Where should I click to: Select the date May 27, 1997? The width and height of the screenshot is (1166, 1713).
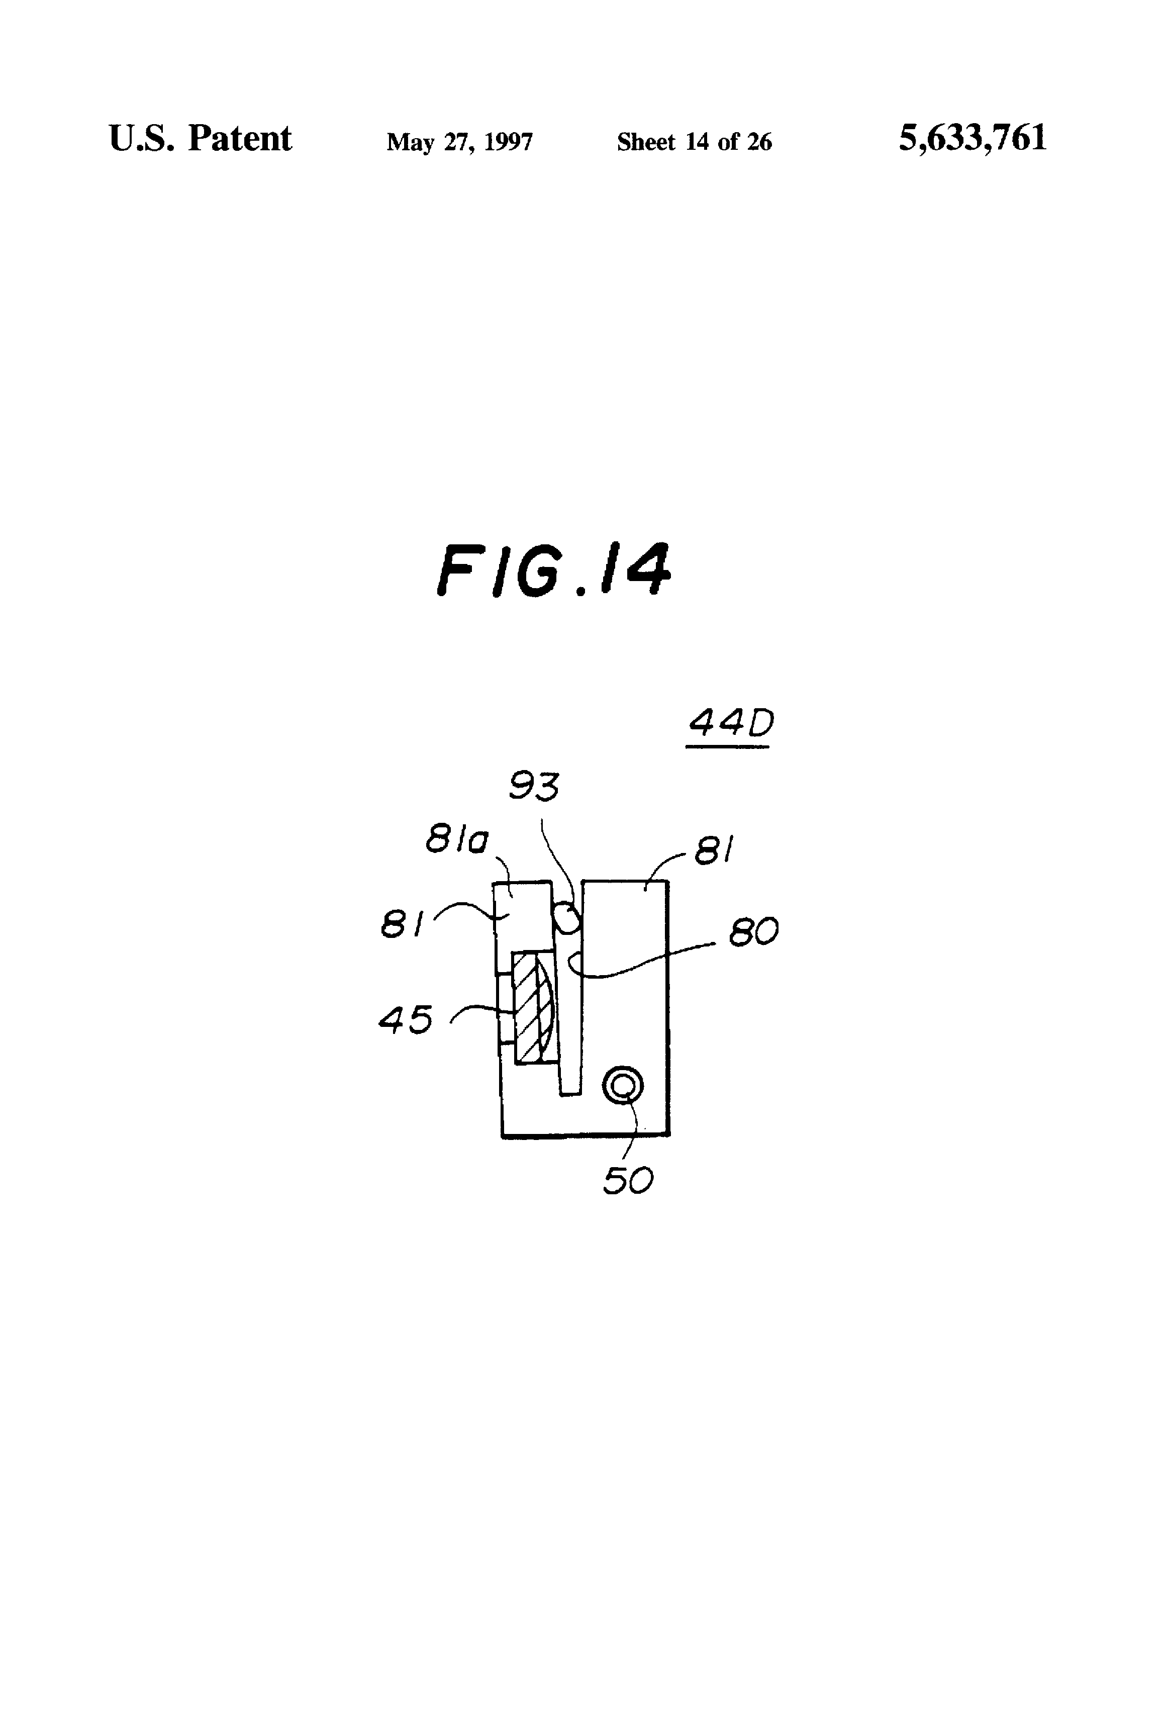(x=459, y=142)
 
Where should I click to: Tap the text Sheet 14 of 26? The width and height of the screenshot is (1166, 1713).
(x=694, y=142)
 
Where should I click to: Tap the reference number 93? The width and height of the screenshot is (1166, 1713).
(x=534, y=787)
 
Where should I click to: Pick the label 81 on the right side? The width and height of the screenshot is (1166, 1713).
(x=714, y=853)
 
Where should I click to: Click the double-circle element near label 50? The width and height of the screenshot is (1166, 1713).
(x=623, y=1086)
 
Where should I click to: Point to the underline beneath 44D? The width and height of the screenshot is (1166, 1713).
(x=727, y=747)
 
